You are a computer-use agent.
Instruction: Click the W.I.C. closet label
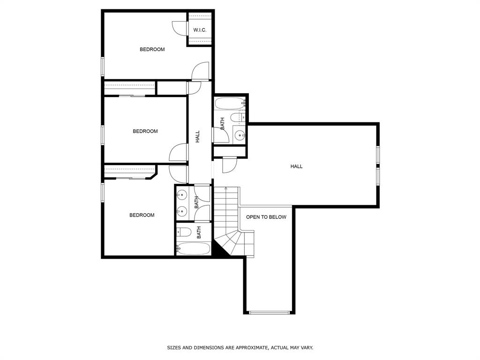point(200,30)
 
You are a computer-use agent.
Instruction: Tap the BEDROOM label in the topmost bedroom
point(152,49)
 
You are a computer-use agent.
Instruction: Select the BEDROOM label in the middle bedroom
point(145,131)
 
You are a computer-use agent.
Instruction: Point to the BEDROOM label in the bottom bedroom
point(142,215)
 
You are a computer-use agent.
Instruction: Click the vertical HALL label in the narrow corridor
point(197,136)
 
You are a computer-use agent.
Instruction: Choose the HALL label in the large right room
point(296,166)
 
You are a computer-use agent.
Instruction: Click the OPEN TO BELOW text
point(266,217)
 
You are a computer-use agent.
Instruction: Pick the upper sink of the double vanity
point(181,195)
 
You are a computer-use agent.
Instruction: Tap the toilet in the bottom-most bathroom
point(184,232)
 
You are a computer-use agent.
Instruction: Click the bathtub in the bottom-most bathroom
point(194,249)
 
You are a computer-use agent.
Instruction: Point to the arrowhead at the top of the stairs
point(226,188)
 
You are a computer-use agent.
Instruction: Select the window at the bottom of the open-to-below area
point(270,313)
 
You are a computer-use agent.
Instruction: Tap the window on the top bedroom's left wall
point(103,66)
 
